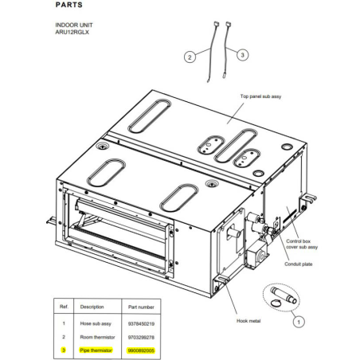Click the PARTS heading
click(x=68, y=5)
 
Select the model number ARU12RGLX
click(x=72, y=32)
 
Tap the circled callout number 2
click(x=190, y=57)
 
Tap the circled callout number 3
click(x=242, y=55)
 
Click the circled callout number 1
click(x=299, y=322)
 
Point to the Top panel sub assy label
click(x=260, y=96)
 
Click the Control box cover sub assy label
click(x=302, y=244)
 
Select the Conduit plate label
click(x=299, y=264)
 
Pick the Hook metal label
click(x=248, y=321)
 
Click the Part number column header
click(x=141, y=307)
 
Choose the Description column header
click(x=92, y=307)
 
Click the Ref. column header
click(x=64, y=307)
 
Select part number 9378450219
click(x=141, y=324)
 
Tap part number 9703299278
click(x=141, y=338)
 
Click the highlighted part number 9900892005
click(x=141, y=350)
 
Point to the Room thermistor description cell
click(x=97, y=337)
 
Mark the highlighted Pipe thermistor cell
click(x=96, y=350)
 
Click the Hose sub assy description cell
click(x=96, y=323)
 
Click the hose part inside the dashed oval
click(x=284, y=295)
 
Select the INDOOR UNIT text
click(x=74, y=25)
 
